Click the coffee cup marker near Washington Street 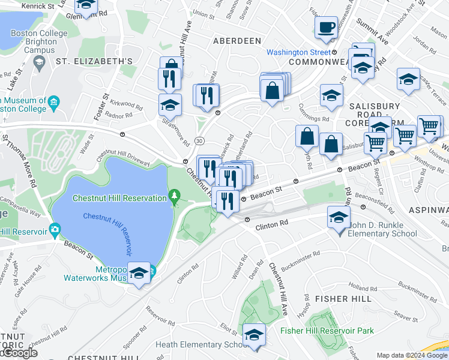pos(327,28)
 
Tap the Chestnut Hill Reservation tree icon pos(175,196)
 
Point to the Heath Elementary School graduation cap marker pos(254,334)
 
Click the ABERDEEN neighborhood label pos(237,40)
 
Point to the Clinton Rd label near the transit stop pos(272,223)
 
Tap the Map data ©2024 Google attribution pos(412,355)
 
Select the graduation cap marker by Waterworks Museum pos(139,274)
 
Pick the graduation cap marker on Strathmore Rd pos(170,104)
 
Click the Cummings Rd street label pos(314,113)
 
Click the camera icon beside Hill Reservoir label pos(55,229)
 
